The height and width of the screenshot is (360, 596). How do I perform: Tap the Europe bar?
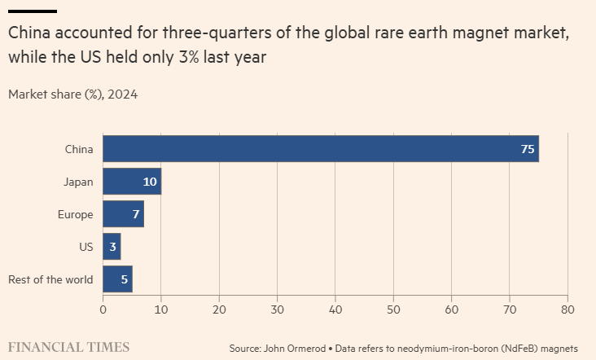(122, 214)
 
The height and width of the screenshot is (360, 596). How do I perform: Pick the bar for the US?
(112, 247)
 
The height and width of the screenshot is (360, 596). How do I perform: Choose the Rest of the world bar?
(116, 279)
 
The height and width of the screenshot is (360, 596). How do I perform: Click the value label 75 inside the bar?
(528, 149)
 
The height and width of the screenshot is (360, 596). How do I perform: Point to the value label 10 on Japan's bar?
(150, 182)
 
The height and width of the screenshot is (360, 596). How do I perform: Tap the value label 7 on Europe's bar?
(135, 214)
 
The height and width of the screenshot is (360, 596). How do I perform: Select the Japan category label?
(78, 182)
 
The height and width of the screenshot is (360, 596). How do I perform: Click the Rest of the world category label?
(50, 279)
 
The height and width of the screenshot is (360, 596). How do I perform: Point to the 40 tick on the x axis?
(335, 310)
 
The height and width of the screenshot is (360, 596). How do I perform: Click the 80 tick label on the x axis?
(568, 310)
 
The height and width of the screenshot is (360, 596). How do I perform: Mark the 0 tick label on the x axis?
(103, 310)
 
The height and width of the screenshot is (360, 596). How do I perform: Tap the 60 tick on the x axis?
(452, 310)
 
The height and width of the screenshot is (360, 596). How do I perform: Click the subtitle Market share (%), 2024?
(72, 94)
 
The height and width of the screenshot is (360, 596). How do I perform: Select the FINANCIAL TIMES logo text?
(68, 347)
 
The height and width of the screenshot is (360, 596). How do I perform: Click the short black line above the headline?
(33, 11)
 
